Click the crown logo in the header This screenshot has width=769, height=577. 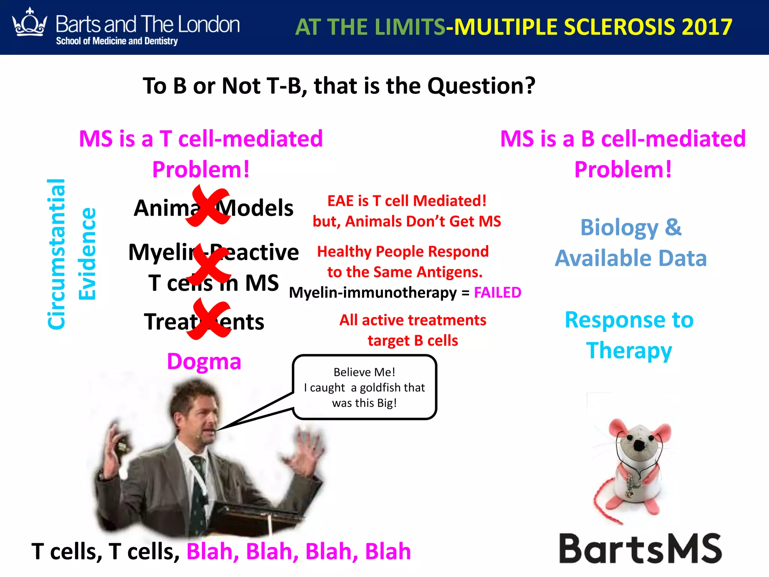pyautogui.click(x=30, y=23)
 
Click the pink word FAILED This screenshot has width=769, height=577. pyautogui.click(x=497, y=293)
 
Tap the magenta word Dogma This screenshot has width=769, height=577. pyautogui.click(x=204, y=361)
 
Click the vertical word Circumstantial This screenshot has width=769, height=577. pyautogui.click(x=57, y=254)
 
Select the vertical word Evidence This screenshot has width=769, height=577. pyautogui.click(x=87, y=254)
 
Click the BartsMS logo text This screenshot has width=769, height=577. pyautogui.click(x=640, y=549)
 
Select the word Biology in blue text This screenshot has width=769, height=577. pyautogui.click(x=619, y=228)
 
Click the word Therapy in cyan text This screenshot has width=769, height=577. pyautogui.click(x=629, y=351)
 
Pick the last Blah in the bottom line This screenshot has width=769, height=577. pyautogui.click(x=388, y=551)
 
